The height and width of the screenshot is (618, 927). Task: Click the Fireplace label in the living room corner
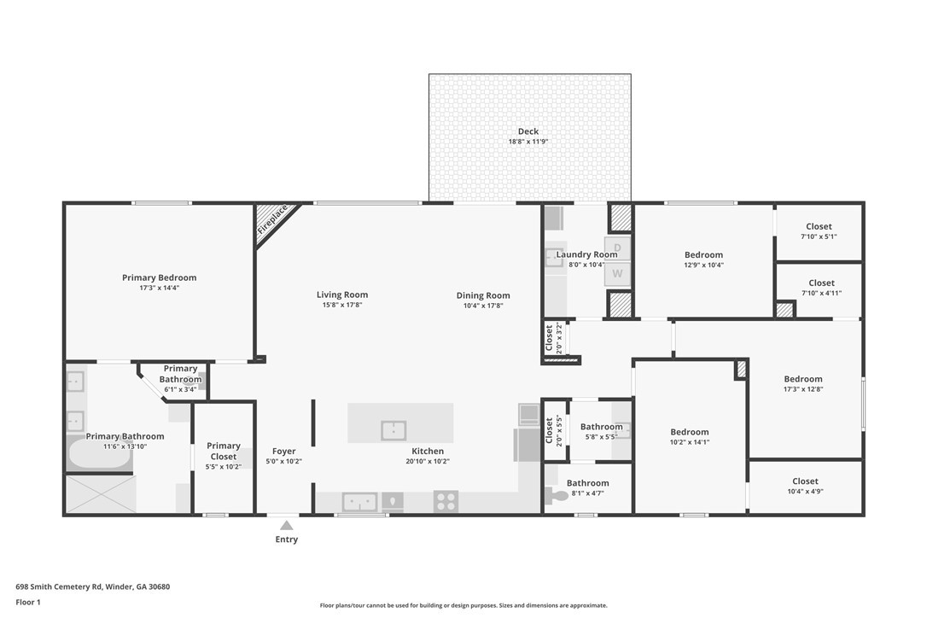tap(272, 219)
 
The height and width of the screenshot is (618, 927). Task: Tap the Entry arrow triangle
tap(287, 525)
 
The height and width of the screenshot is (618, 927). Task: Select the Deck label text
tap(528, 131)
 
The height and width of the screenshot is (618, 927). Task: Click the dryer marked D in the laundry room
tap(617, 248)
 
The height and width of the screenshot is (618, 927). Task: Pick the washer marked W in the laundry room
tap(617, 273)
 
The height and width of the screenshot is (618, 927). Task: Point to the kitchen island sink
tap(394, 430)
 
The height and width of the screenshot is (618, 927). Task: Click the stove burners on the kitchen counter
tap(446, 501)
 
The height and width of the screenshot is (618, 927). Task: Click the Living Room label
tap(342, 294)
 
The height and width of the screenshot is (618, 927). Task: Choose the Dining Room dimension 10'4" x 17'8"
tap(483, 306)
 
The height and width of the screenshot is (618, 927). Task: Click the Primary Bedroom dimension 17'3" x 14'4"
tap(159, 288)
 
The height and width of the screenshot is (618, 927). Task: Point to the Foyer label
tap(283, 452)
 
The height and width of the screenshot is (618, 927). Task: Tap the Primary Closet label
tap(224, 452)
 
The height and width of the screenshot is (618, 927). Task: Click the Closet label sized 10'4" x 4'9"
tap(805, 481)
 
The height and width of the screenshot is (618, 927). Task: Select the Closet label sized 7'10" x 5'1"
tap(819, 226)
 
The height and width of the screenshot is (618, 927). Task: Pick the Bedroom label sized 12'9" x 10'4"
tap(703, 255)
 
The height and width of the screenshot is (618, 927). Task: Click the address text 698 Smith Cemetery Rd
tap(59, 587)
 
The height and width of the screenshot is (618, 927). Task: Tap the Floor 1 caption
tap(28, 603)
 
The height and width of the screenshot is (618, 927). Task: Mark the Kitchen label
tap(428, 452)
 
